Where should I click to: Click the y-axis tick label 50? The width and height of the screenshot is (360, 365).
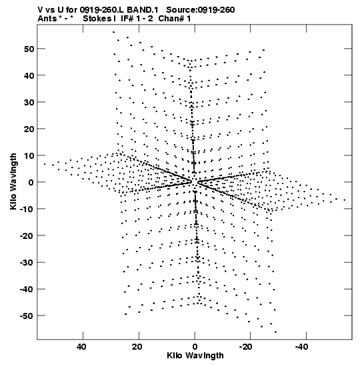tap(29, 49)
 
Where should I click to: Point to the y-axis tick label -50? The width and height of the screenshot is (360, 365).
tap(27, 316)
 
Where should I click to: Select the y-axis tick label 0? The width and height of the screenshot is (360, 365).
tap(31, 182)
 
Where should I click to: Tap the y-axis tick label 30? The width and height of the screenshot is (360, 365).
tap(29, 102)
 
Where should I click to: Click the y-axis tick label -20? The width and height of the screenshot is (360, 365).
tap(27, 236)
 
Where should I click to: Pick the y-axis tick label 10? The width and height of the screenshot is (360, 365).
tap(29, 155)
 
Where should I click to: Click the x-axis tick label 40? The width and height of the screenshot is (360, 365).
tap(81, 347)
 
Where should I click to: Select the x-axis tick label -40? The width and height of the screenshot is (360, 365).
tap(301, 347)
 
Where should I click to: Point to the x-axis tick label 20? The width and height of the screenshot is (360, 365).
tap(137, 347)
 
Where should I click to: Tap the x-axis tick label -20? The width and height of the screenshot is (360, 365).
tap(245, 347)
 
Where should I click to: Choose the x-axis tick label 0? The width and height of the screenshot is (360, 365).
tap(195, 347)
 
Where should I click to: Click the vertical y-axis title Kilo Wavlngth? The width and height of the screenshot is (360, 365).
tap(13, 181)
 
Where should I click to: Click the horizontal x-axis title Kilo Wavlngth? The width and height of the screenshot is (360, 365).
tap(195, 356)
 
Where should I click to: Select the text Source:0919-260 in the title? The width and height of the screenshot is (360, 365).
tap(201, 10)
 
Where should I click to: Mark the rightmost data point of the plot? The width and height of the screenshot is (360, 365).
tap(345, 200)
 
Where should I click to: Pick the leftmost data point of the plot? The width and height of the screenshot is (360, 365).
tap(45, 164)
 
